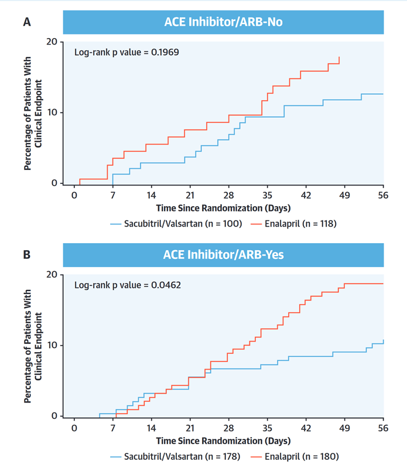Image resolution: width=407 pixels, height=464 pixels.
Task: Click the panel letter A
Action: [x=27, y=22]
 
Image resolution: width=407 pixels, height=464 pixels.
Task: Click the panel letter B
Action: [x=27, y=255]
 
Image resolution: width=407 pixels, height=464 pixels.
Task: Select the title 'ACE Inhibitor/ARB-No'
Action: [x=223, y=23]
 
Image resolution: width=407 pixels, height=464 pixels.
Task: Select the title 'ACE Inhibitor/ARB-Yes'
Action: [x=223, y=255]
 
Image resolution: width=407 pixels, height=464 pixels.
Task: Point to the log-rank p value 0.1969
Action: [x=126, y=52]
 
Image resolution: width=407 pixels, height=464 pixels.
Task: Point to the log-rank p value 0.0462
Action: [x=126, y=285]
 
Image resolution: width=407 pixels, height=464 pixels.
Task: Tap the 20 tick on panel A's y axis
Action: [x=52, y=42]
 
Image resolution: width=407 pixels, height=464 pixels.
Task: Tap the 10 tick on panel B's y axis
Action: [x=52, y=345]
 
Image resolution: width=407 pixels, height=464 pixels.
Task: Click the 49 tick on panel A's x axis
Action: [x=344, y=195]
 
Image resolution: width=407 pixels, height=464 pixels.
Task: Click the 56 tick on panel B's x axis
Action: [x=384, y=427]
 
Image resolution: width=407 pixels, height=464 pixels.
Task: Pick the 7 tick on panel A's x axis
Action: [x=112, y=195]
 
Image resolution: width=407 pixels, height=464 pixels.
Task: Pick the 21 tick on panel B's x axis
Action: [x=190, y=427]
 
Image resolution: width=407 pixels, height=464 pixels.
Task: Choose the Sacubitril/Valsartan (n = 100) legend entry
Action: [x=176, y=223]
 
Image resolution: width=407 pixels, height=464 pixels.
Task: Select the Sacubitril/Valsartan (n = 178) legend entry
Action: [x=176, y=456]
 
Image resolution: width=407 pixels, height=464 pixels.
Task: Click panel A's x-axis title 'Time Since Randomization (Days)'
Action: [x=223, y=208]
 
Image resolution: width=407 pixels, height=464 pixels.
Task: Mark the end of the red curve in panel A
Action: [x=339, y=57]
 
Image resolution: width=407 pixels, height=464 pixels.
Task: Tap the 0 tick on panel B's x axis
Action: [x=74, y=427]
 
